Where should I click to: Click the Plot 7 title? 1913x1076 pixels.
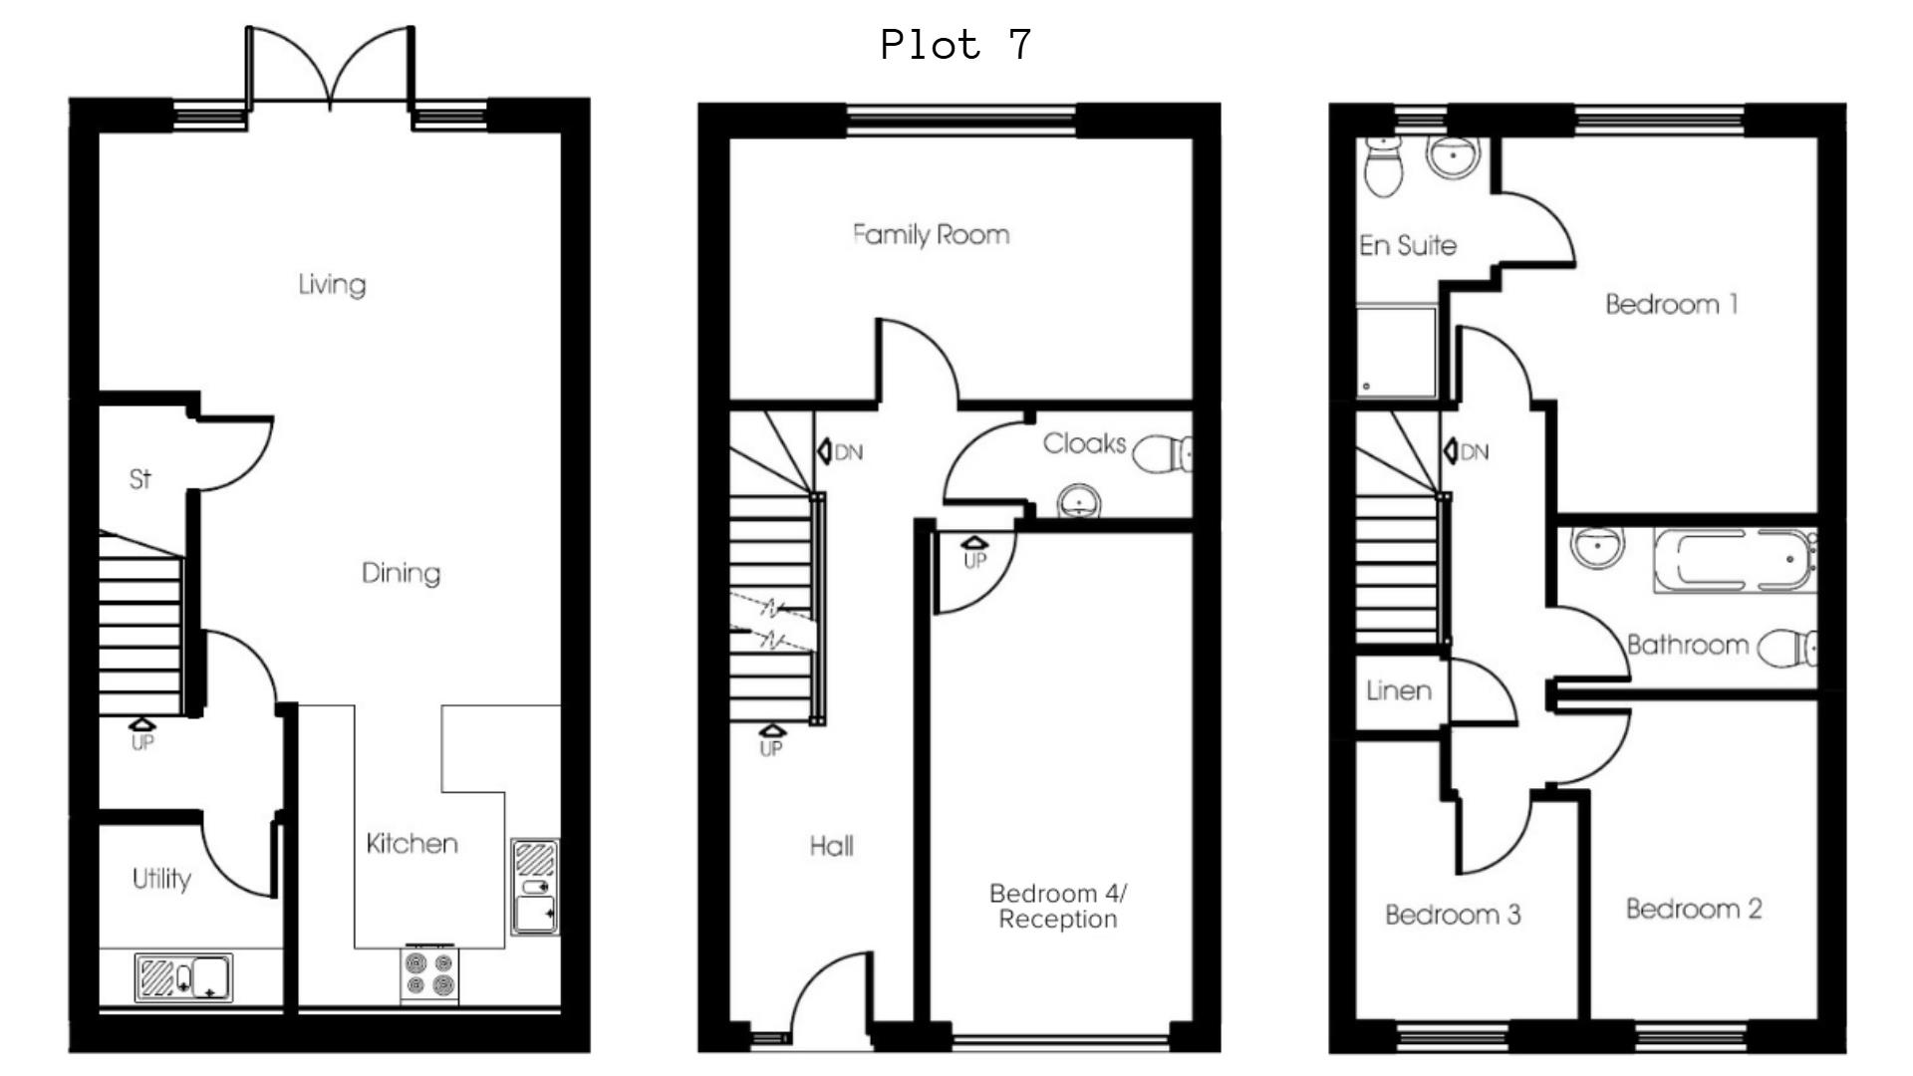point(956,45)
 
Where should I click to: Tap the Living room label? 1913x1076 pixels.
point(332,284)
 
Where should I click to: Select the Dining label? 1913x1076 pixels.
point(401,573)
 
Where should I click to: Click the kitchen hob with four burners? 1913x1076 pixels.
point(429,973)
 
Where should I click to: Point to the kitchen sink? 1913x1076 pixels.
point(536,888)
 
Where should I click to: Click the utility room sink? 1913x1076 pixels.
point(184,977)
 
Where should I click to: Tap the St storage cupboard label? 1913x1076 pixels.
point(139,479)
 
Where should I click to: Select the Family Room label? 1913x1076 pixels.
point(931,235)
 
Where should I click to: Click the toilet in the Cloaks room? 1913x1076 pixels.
point(1161,454)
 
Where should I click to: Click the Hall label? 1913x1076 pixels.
point(831,846)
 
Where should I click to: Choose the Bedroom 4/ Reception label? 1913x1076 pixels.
point(1057,906)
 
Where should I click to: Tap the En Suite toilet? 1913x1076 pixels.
point(1382,166)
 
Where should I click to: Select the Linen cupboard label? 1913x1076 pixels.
point(1398,690)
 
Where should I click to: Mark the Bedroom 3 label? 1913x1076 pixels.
point(1453,915)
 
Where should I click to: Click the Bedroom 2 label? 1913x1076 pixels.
point(1693,909)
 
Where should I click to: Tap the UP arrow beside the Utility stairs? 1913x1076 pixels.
point(142,727)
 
